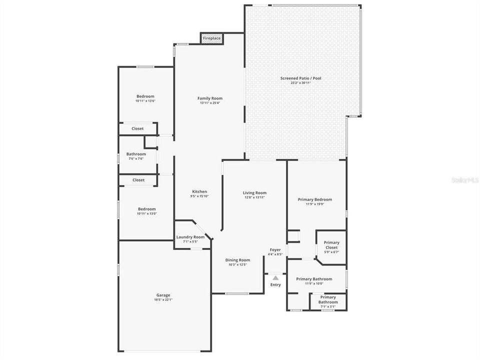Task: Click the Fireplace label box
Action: (x=211, y=38)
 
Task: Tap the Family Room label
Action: (x=210, y=98)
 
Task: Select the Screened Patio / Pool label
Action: (x=300, y=78)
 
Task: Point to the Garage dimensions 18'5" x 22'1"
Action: (x=163, y=300)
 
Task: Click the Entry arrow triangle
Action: (x=275, y=277)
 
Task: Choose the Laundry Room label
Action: (x=190, y=237)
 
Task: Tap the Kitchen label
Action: (x=199, y=191)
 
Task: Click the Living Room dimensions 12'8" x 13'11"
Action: (x=254, y=197)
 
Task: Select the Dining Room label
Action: (x=237, y=260)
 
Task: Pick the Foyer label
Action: (x=275, y=249)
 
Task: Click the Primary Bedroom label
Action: (x=315, y=199)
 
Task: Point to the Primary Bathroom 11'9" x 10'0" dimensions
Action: (x=314, y=283)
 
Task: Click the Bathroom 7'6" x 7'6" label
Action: (x=136, y=154)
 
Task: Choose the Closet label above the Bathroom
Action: (x=137, y=128)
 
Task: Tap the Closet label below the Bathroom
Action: (x=138, y=180)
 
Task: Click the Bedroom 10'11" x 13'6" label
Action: (x=145, y=96)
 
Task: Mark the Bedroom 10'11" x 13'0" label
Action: (x=146, y=209)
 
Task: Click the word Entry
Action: (x=275, y=285)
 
